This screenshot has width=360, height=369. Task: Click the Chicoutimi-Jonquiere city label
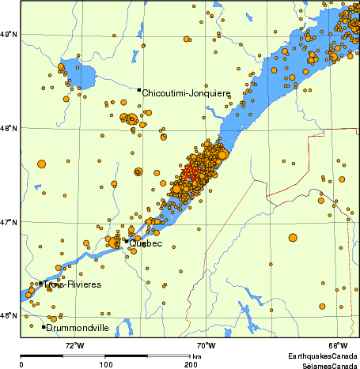(x=186, y=92)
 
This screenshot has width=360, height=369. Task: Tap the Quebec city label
(x=146, y=243)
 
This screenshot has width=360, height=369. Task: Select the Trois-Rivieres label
(x=73, y=284)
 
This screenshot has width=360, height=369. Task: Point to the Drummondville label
(x=78, y=327)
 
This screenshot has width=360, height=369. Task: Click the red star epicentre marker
(x=189, y=172)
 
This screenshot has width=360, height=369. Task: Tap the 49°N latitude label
(x=9, y=34)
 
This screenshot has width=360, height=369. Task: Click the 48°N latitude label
(x=9, y=128)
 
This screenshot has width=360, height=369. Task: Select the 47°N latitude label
(x=9, y=222)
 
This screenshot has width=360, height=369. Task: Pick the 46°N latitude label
(x=9, y=316)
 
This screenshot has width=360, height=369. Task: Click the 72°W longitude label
(x=74, y=345)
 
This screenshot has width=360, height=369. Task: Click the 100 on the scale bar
(x=105, y=364)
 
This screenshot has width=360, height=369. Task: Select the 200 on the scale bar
(x=190, y=364)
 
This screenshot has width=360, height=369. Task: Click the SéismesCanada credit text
(x=323, y=365)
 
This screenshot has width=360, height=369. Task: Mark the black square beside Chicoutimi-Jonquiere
(x=138, y=90)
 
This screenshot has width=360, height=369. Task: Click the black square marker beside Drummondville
(x=44, y=326)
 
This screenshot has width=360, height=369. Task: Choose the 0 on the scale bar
(x=21, y=364)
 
